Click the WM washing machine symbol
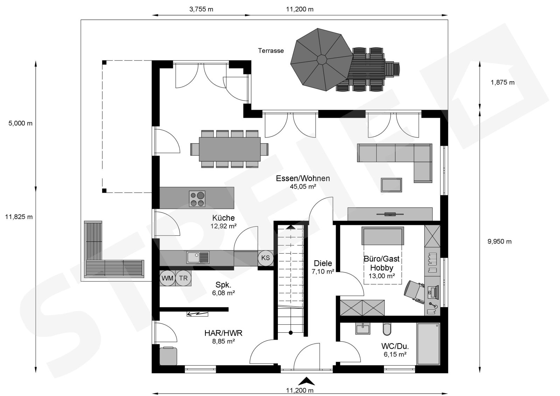[x=168, y=278]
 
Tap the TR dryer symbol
[x=183, y=278]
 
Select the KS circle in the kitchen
[x=266, y=258]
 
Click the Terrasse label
[x=271, y=51]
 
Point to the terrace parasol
[x=322, y=60]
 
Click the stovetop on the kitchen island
[x=197, y=199]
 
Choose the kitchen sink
[x=198, y=257]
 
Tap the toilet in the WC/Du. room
[x=386, y=329]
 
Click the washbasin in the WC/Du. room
[x=363, y=328]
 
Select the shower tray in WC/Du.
[x=428, y=344]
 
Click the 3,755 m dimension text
[x=201, y=9]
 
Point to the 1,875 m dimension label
[x=503, y=83]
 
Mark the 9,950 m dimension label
[x=499, y=242]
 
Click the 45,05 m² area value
[x=303, y=186]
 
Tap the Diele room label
[x=323, y=263]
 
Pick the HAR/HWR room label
[x=223, y=333]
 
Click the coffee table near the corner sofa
[x=391, y=185]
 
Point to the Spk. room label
[x=223, y=284]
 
